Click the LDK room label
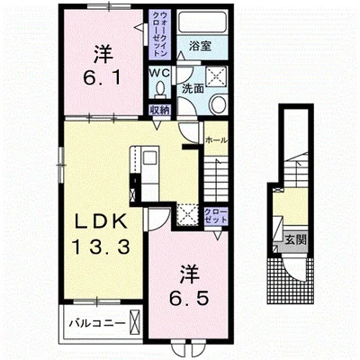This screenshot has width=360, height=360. tap(101, 223)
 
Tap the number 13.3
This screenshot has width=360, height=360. tap(101, 247)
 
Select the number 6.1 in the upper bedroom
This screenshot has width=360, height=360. tap(103, 78)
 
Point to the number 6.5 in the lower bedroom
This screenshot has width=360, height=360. tap(188, 298)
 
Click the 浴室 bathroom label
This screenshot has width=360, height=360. tap(201, 46)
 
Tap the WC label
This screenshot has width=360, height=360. tap(160, 73)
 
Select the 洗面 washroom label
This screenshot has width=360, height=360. tap(193, 88)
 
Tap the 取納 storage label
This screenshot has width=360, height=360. tap(160, 110)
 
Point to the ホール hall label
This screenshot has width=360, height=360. tap(216, 140)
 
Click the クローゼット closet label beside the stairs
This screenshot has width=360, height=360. tap(215, 215)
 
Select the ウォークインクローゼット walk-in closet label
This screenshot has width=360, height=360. tap(160, 34)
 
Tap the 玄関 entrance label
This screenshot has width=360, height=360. tap(295, 239)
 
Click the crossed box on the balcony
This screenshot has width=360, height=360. tap(135, 322)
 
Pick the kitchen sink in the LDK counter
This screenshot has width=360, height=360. tap(150, 157)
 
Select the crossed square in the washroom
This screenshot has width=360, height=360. tap(216, 76)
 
